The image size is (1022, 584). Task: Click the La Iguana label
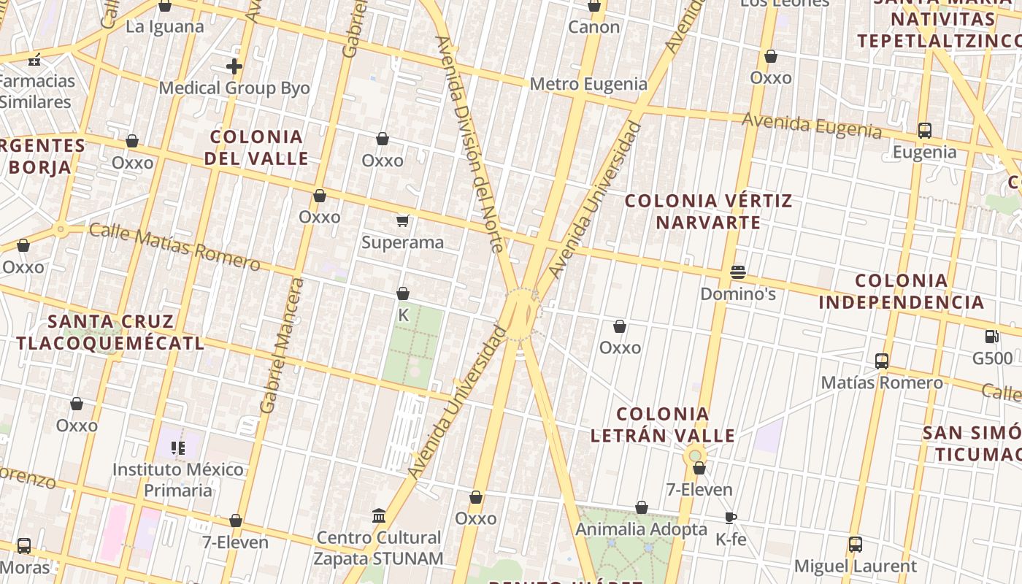coord(165,27)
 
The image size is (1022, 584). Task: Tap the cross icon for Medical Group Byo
coord(234,67)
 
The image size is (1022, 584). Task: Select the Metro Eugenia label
coord(588,84)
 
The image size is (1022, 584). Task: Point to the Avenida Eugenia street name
coord(812,125)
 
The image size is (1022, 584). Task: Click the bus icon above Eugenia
coord(924,131)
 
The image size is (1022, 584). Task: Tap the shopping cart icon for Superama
coord(402,220)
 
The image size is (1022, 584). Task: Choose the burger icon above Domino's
coord(737,272)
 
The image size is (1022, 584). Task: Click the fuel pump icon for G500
coord(991,337)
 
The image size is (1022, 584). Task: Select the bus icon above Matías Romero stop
coord(882,361)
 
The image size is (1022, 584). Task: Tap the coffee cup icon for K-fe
coord(730,518)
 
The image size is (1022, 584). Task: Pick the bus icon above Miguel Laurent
coord(855,544)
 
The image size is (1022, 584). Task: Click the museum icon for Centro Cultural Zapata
coord(378,516)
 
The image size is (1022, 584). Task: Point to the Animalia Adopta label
coord(641,529)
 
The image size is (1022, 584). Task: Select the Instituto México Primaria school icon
coord(178,447)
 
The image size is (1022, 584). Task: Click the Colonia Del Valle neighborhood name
coord(256,147)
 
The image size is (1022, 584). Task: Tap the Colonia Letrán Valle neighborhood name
coord(662,425)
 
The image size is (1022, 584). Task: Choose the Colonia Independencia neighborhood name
coord(901,291)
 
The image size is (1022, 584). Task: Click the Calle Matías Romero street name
coord(174,247)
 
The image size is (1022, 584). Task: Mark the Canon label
coord(593,27)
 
